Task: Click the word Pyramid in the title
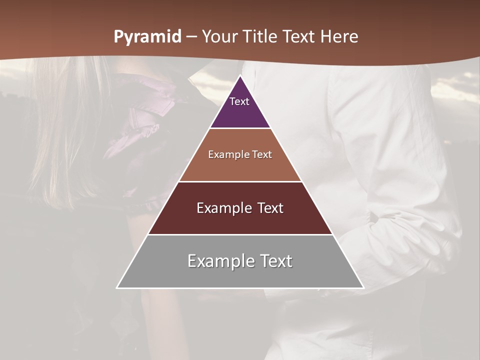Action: point(147,37)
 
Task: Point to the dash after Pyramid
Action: point(191,37)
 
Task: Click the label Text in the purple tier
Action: point(239,101)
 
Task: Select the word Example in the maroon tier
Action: point(220,208)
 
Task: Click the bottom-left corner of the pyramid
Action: point(117,287)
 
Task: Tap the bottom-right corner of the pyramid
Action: point(363,287)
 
